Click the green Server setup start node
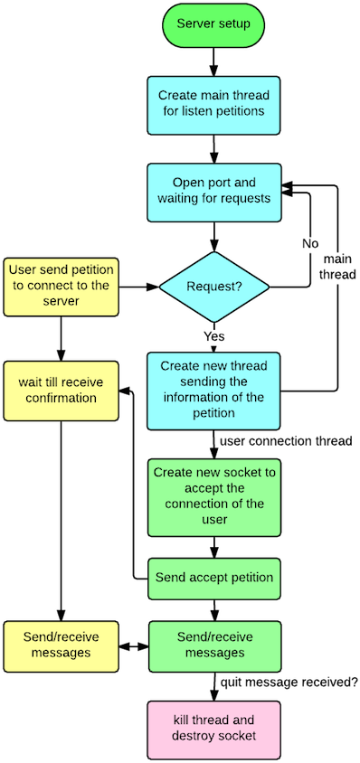pos(213,24)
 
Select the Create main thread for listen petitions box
pos(213,104)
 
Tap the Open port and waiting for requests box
pos(213,192)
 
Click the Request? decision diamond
pos(213,287)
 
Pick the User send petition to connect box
pos(61,287)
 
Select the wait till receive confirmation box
pos(61,391)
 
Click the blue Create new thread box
pos(213,390)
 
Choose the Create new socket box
pos(213,495)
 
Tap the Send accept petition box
pos(213,577)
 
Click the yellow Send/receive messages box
pos(61,645)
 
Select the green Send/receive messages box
pos(213,645)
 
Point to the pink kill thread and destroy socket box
pos(213,729)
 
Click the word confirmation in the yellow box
pos(61,399)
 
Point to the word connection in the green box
pos(199,504)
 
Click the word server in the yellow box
pos(61,302)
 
